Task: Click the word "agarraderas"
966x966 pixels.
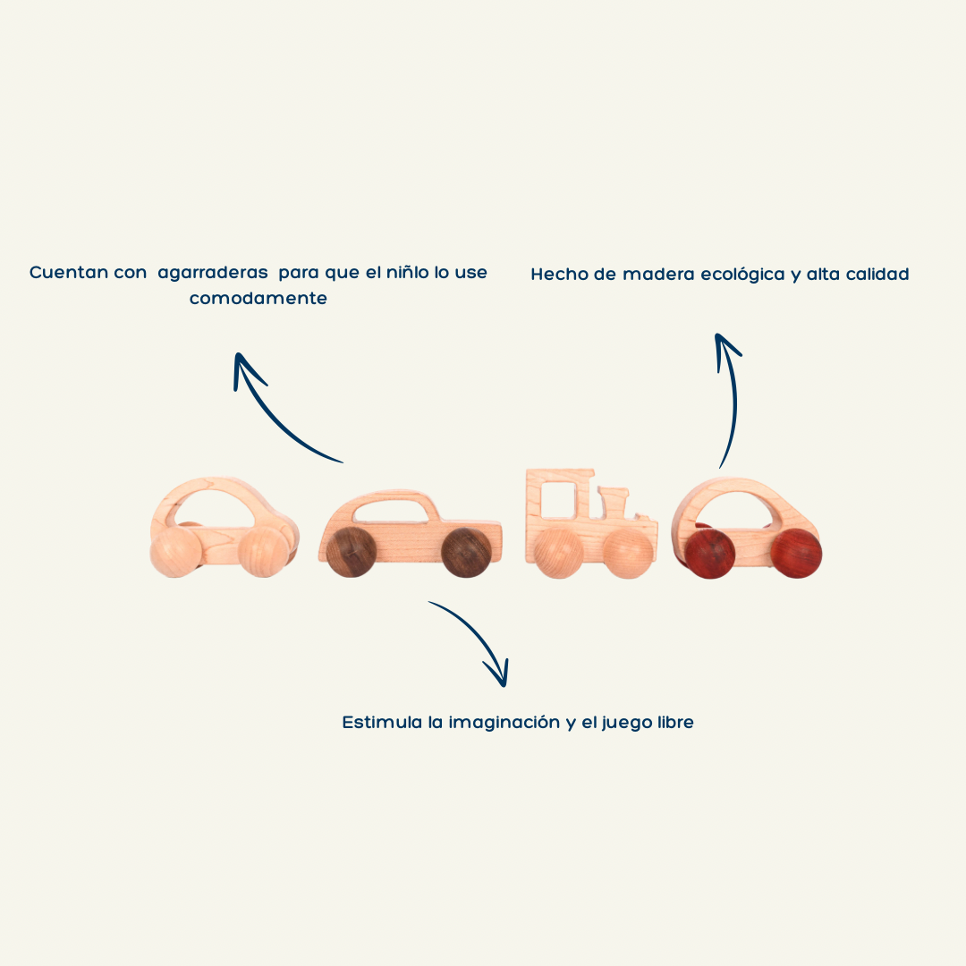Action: tap(213, 273)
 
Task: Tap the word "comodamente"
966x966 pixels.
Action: tap(258, 299)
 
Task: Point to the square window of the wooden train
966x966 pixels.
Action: tap(557, 499)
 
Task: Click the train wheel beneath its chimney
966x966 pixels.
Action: tap(626, 553)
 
